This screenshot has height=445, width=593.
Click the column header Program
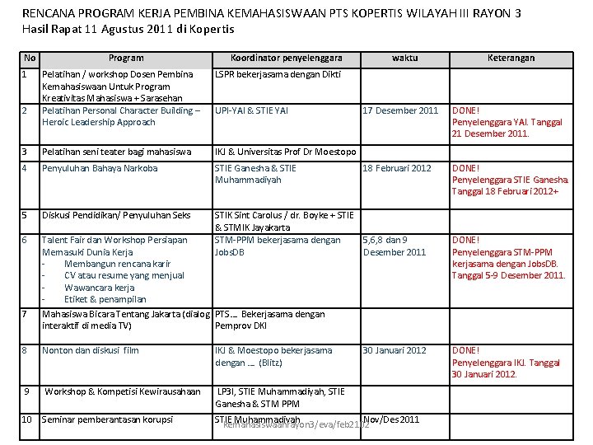(126, 58)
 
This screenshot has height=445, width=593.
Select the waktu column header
(404, 58)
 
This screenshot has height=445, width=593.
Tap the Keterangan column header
(511, 58)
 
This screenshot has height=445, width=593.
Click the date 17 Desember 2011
(401, 110)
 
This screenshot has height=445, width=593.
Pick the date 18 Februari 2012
(397, 168)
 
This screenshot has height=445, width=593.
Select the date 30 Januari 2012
(395, 350)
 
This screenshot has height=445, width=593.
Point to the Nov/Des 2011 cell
(390, 419)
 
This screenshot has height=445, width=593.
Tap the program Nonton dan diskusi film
(91, 350)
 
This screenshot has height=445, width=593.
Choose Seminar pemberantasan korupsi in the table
(107, 420)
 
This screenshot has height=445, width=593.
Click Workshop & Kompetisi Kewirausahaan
(123, 391)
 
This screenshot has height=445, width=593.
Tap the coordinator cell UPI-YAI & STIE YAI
(251, 110)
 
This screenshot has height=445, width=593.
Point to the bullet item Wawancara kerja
(99, 288)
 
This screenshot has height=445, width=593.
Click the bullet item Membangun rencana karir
(117, 264)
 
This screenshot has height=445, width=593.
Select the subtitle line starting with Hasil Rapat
(128, 30)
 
